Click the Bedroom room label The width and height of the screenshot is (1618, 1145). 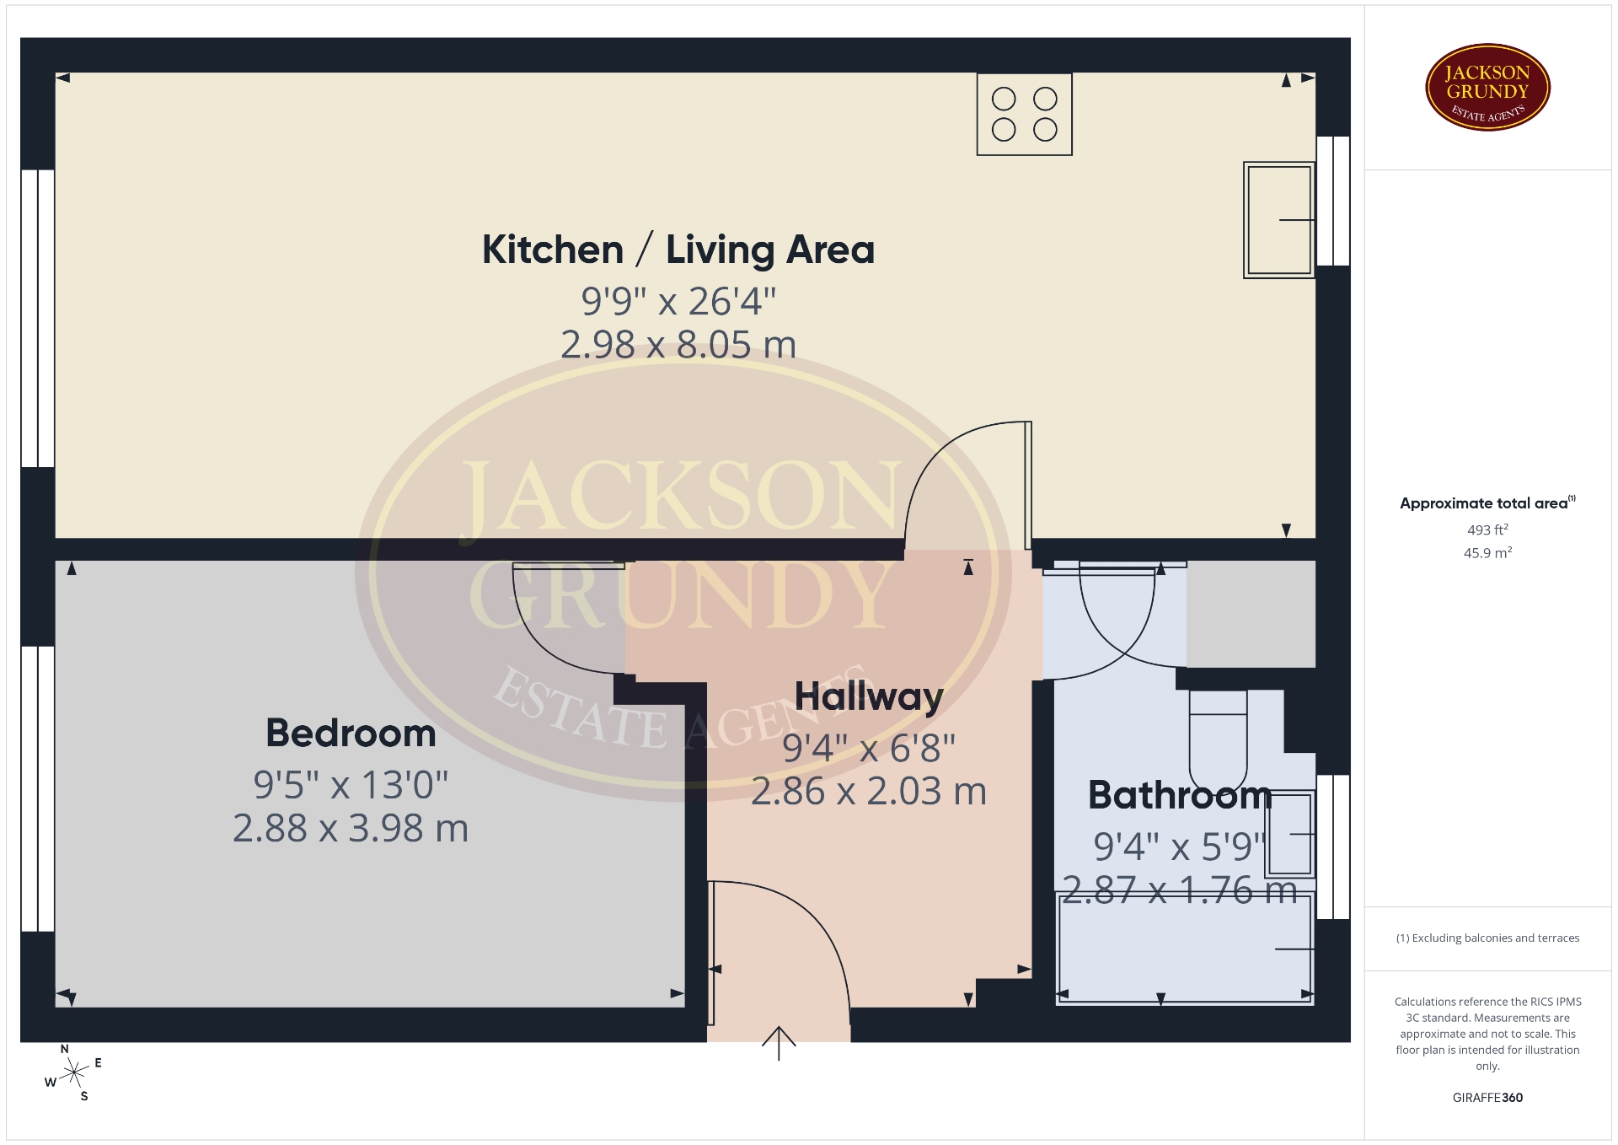pos(351,734)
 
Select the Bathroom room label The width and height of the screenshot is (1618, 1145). pos(1180,795)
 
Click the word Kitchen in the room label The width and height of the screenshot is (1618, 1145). pos(553,250)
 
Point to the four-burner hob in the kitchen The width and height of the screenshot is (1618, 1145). pos(1025,115)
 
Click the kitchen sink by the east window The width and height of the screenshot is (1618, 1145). pos(1279,220)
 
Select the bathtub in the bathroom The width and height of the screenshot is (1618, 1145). pos(1185,949)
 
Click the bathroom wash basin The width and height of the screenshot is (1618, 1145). pos(1290,834)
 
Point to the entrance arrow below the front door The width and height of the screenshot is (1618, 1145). pos(779,1043)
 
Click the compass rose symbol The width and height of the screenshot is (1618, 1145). pos(74,1072)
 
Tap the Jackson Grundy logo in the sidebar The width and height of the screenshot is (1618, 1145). pos(1487,88)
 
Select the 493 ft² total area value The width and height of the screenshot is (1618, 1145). pos(1487,529)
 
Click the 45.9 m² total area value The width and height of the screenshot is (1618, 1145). pos(1487,553)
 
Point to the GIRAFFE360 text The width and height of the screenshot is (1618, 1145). pos(1487,1098)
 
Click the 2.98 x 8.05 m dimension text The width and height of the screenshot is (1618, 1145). pos(678,345)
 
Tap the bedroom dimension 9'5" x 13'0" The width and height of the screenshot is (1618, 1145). pos(351,785)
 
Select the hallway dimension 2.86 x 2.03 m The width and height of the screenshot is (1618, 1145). pos(869,792)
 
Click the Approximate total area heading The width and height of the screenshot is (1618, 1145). pos(1487,503)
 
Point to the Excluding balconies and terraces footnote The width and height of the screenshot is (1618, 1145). pos(1487,938)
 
